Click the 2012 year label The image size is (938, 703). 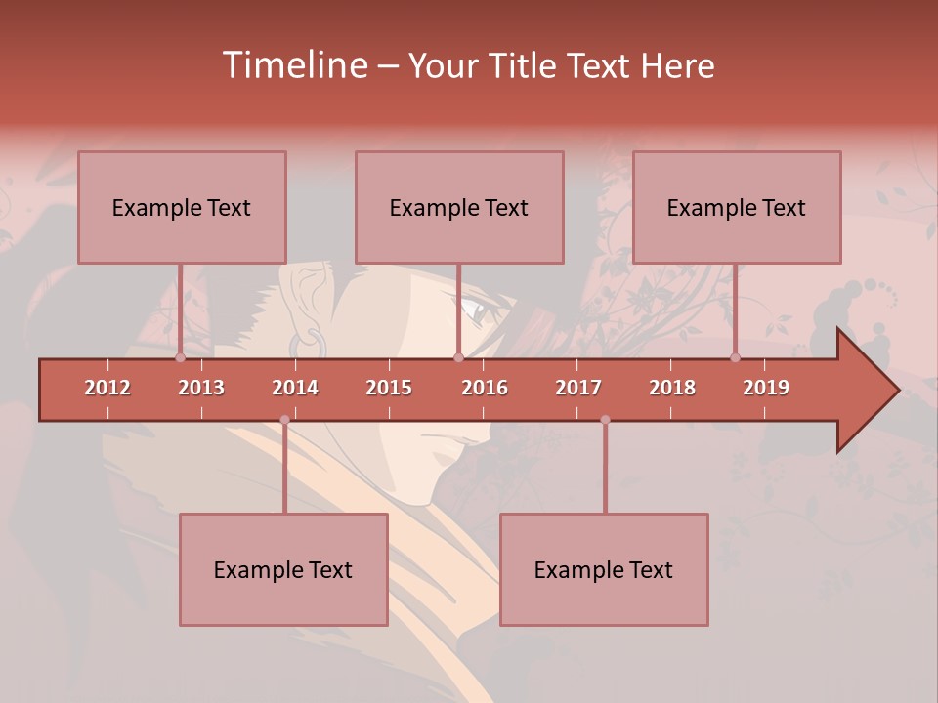coord(107,388)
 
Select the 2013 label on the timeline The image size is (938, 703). coord(201,388)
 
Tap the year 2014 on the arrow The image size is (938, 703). coord(295,388)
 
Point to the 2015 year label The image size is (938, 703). coord(389,388)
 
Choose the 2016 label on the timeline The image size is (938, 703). coord(485,388)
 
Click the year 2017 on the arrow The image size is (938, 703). coord(578,388)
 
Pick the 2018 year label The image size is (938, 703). coord(672,388)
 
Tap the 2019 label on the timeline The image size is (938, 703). coord(766,388)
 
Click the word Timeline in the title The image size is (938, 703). coord(294,65)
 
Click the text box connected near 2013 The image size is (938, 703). coord(182,207)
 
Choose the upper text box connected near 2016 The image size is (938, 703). coord(459,207)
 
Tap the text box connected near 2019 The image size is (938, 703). coord(737,207)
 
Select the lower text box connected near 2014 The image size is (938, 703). coord(283,569)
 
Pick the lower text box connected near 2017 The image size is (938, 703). coord(604,569)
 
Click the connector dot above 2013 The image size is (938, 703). coord(181,358)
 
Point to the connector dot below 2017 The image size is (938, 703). coord(605,420)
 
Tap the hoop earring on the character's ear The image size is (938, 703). coord(307,343)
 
